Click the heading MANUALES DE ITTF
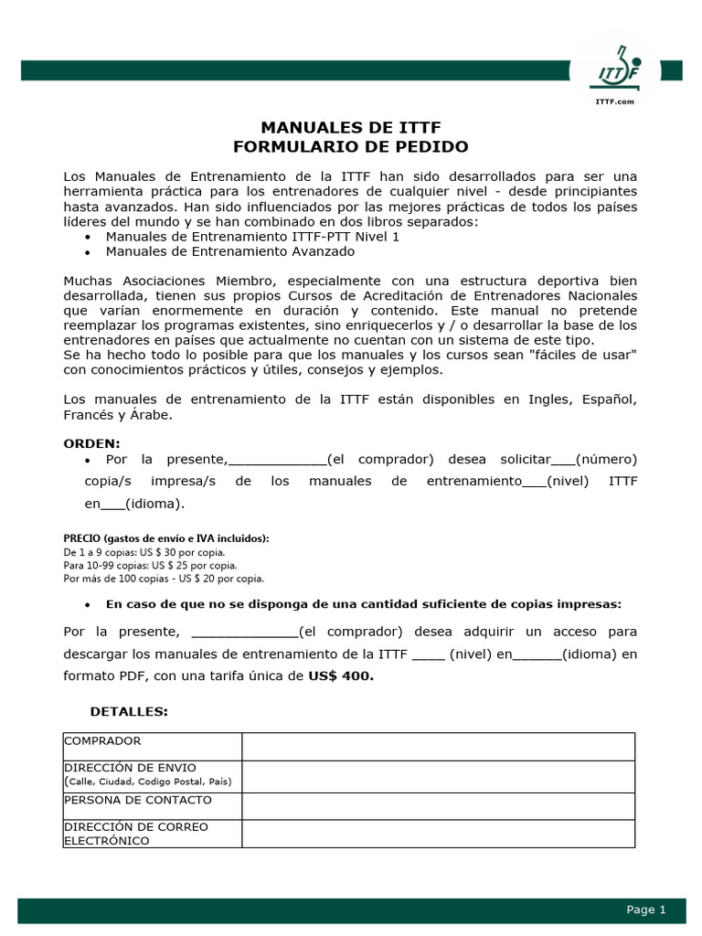click(x=351, y=127)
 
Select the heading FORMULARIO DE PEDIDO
click(x=351, y=146)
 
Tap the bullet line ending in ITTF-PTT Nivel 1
click(x=252, y=236)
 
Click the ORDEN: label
click(x=91, y=443)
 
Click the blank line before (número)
click(x=563, y=460)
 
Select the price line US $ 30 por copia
click(x=144, y=552)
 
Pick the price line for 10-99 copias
click(x=150, y=565)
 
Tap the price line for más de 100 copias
click(x=164, y=578)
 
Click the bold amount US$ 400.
click(x=341, y=676)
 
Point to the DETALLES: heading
click(x=129, y=711)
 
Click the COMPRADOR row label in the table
click(x=103, y=741)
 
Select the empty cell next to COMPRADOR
click(x=438, y=746)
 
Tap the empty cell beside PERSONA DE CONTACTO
click(x=438, y=805)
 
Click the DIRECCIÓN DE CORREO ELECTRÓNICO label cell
click(x=136, y=834)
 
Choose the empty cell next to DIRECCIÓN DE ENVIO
click(x=438, y=776)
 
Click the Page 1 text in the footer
click(x=646, y=909)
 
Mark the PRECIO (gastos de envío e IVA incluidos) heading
click(x=166, y=538)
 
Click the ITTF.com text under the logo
click(x=616, y=101)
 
